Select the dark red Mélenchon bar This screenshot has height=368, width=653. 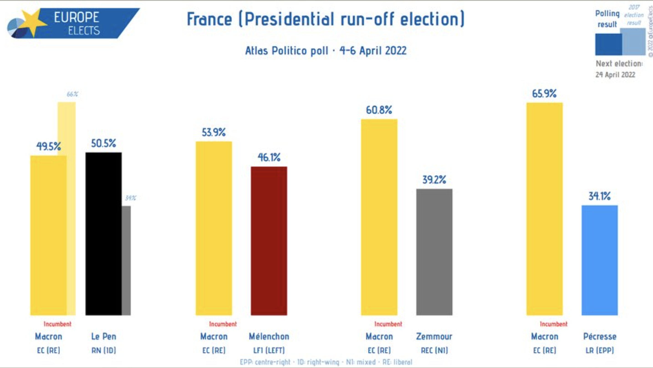[269, 241]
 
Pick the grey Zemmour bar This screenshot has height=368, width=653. [434, 252]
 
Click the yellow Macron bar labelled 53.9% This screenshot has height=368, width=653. [214, 228]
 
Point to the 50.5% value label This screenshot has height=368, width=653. [103, 143]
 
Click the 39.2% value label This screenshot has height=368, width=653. [434, 180]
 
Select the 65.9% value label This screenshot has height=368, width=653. [544, 94]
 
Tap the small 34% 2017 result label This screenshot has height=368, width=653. [130, 198]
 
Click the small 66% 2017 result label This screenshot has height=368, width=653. [72, 94]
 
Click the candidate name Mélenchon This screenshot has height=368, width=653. [269, 336]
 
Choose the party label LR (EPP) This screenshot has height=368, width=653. [599, 350]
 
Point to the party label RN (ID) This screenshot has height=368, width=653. [103, 350]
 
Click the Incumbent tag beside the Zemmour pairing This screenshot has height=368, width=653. [388, 324]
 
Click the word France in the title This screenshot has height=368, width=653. [209, 19]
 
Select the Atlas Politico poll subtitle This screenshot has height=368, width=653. [326, 51]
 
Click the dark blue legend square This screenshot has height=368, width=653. [608, 44]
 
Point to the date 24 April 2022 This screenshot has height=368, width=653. [615, 75]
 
